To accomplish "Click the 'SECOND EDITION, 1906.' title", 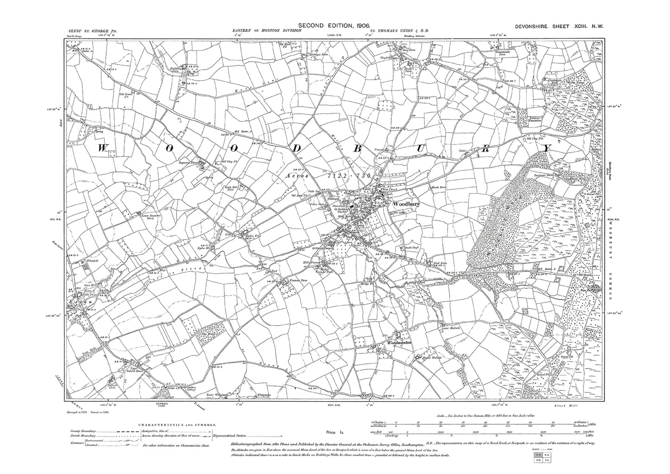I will [x=334, y=25].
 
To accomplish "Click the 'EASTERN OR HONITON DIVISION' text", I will [x=267, y=31].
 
